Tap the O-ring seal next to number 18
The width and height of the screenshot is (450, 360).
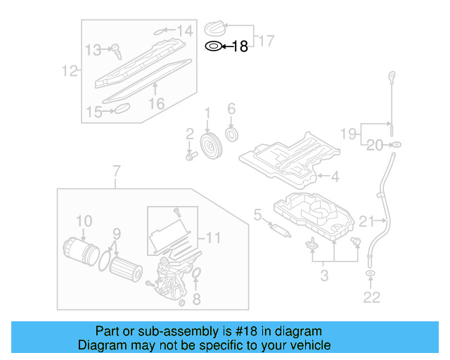[212, 47]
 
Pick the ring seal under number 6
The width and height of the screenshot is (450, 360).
[231, 134]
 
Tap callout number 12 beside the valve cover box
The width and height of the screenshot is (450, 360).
[68, 70]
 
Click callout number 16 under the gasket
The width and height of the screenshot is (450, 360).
[156, 103]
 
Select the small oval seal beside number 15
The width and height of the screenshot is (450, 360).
[121, 108]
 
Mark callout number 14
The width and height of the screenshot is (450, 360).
[184, 30]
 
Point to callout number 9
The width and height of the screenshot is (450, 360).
[117, 233]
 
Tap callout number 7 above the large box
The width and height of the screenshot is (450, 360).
[116, 171]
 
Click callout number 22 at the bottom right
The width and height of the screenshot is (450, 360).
[372, 297]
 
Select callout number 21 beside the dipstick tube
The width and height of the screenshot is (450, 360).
[368, 222]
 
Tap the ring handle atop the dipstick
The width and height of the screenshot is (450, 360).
[391, 75]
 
